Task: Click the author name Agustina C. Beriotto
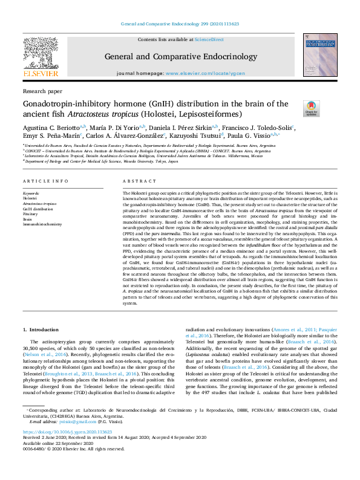pyautogui.click(x=50, y=128)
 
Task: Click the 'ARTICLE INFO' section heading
pyautogui.click(x=46, y=181)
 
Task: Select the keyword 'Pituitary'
pyautogui.click(x=30, y=214)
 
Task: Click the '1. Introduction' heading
pyautogui.click(x=42, y=329)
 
